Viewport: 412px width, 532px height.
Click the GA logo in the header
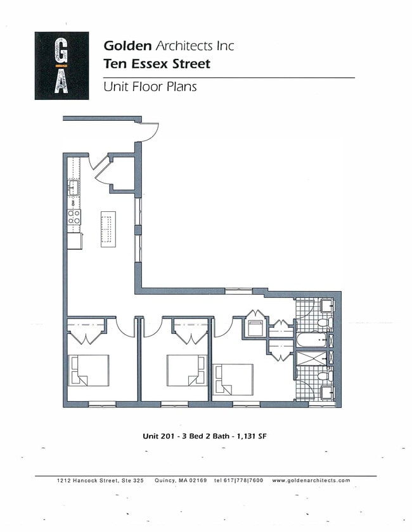[61, 66]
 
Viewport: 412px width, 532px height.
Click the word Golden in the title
[127, 46]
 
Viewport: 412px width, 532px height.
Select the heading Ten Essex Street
[157, 64]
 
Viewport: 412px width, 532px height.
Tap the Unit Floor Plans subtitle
[150, 87]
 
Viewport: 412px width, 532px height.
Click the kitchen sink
[74, 188]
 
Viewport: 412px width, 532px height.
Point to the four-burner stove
[74, 217]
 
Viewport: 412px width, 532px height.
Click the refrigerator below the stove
[75, 241]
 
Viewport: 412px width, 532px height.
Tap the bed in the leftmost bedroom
[89, 369]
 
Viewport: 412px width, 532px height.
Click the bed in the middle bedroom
[186, 369]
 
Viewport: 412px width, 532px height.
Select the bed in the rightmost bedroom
[233, 379]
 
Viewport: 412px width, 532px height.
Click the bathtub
[311, 340]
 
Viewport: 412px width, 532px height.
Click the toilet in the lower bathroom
[323, 376]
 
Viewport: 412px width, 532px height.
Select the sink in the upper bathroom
[326, 306]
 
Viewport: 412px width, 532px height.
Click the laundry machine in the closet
[255, 328]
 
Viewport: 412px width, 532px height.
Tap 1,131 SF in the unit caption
[256, 436]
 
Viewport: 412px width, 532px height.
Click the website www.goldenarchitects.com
[311, 481]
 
